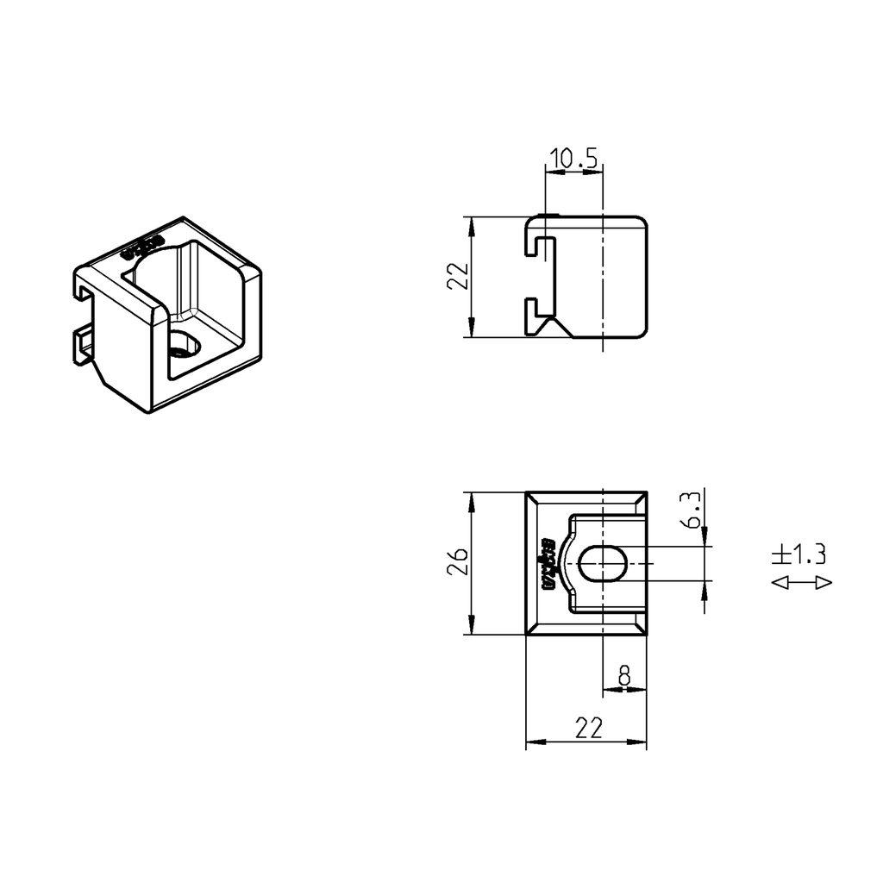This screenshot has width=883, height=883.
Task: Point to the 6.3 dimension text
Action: coord(690,510)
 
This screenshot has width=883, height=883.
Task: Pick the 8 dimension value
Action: coord(624,675)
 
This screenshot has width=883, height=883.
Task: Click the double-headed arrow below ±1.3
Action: coord(801,583)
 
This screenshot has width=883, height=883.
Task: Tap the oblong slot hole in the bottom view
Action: coord(604,564)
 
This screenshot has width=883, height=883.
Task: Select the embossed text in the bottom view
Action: coord(545,563)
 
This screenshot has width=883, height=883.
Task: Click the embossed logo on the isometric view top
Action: coord(142,246)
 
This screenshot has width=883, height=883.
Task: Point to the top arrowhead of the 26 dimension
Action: coord(471,500)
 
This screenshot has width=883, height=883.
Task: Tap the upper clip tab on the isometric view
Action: coord(82,291)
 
